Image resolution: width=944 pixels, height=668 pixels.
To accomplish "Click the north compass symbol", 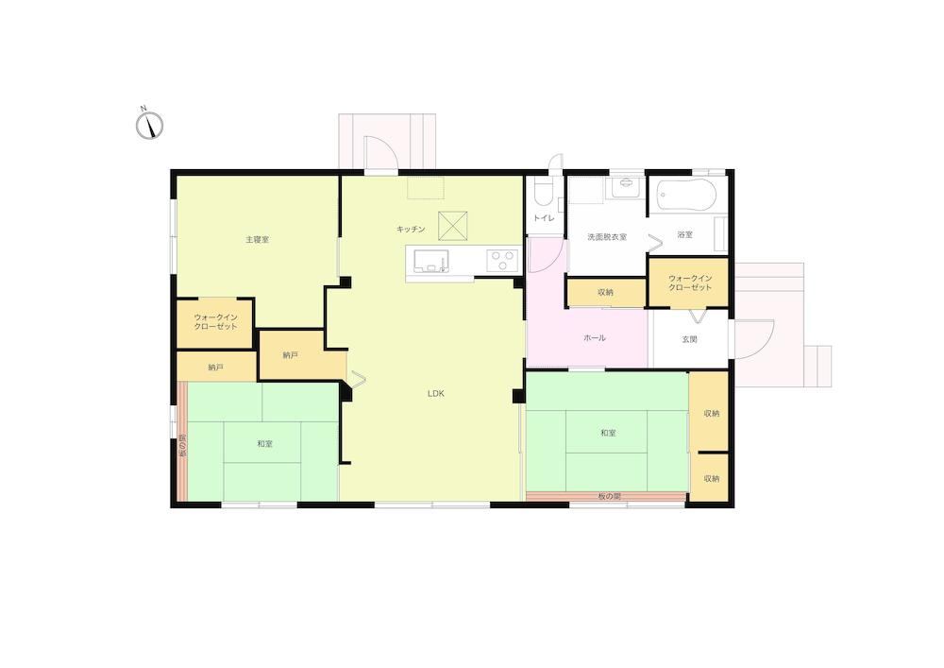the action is pyautogui.click(x=149, y=126).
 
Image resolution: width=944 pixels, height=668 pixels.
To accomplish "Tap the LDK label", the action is pyautogui.click(x=436, y=393).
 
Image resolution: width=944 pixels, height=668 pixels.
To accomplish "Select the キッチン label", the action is pyautogui.click(x=411, y=229).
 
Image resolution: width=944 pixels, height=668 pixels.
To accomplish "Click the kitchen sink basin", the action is pyautogui.click(x=431, y=260).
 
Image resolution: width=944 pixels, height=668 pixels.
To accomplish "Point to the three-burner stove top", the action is pyautogui.click(x=503, y=260).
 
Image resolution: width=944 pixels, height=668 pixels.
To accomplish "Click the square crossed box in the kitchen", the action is pyautogui.click(x=453, y=226).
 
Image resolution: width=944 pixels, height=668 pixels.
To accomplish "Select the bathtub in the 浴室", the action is pyautogui.click(x=686, y=196).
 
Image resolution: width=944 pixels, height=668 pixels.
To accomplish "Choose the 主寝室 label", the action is pyautogui.click(x=257, y=240).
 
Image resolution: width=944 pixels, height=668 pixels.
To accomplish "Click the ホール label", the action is pyautogui.click(x=595, y=338).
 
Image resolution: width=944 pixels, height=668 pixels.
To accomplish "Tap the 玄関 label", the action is pyautogui.click(x=689, y=340).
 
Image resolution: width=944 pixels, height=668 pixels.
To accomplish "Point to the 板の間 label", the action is pyautogui.click(x=609, y=497).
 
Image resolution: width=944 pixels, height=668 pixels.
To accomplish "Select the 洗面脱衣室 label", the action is pyautogui.click(x=607, y=237).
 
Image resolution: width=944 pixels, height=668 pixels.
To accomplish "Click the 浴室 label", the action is pyautogui.click(x=685, y=235).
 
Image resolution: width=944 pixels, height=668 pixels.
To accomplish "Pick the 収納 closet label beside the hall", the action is pyautogui.click(x=605, y=293).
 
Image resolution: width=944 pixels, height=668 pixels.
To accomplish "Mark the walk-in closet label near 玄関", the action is pyautogui.click(x=690, y=283).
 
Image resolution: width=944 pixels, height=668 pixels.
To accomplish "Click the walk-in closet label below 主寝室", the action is pyautogui.click(x=215, y=322).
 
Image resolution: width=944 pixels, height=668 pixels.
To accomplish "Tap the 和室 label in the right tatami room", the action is pyautogui.click(x=608, y=433).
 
